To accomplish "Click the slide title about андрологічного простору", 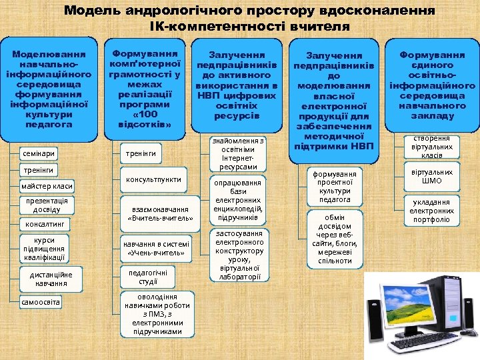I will click(249, 19).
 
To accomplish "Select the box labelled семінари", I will click(38, 153).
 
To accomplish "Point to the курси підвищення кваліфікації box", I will click(43, 249).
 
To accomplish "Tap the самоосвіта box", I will click(41, 302).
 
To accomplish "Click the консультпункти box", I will click(153, 180).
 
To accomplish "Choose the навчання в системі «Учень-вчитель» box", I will click(156, 248).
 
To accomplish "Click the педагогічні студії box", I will click(148, 277).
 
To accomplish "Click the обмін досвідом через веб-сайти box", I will click(335, 239).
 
